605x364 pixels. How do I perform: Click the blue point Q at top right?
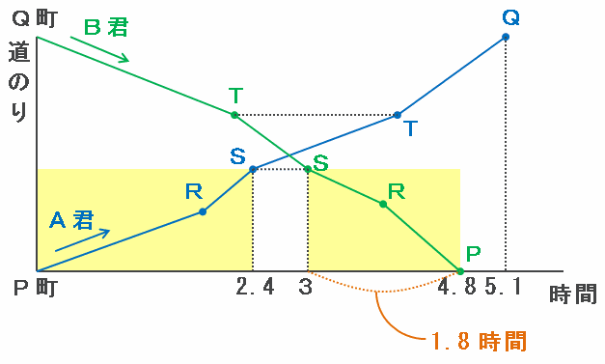coord(506,37)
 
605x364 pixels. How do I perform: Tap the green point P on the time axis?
coord(460,271)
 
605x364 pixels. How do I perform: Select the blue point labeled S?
coord(253,169)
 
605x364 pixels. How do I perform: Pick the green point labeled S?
coord(308,169)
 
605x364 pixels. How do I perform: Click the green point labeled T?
coord(234,115)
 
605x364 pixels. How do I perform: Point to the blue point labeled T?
coord(398,115)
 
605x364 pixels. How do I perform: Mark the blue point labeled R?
coord(203,211)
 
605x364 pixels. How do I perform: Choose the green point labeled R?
coord(383,204)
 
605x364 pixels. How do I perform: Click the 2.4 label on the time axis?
coord(255,287)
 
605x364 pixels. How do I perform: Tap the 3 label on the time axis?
coord(305,287)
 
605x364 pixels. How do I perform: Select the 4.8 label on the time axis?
coord(457,287)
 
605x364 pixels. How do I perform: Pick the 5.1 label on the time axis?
coord(504,287)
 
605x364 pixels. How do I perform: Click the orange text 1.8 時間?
coord(479,341)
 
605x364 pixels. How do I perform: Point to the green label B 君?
coord(106,27)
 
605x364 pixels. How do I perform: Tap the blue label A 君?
coord(71,220)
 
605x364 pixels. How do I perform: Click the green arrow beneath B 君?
coord(99,49)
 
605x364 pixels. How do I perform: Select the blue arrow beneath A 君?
coord(82,240)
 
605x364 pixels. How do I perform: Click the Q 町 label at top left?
coord(35,18)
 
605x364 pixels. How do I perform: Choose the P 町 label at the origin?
coord(36,288)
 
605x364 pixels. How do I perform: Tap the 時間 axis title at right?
coord(573,294)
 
